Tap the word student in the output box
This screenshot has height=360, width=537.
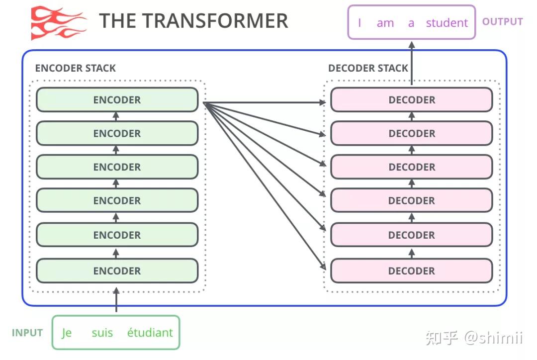tap(447, 23)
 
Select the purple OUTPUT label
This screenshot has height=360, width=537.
tap(502, 22)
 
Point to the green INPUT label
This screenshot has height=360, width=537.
tap(27, 333)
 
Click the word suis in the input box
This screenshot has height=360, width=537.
tap(102, 333)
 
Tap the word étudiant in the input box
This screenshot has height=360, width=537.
tap(150, 333)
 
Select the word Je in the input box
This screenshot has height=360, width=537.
tap(67, 333)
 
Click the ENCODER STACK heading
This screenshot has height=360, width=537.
tap(75, 68)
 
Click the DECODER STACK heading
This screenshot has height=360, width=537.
tap(368, 68)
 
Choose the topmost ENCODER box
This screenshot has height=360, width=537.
tap(117, 100)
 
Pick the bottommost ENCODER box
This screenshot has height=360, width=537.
tap(117, 271)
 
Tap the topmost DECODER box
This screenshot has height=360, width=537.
tap(411, 100)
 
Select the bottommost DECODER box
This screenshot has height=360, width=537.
tap(411, 271)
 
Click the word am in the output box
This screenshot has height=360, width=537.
tap(385, 23)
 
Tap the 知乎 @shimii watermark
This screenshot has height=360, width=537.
tap(473, 338)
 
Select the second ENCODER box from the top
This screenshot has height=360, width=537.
tap(117, 134)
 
